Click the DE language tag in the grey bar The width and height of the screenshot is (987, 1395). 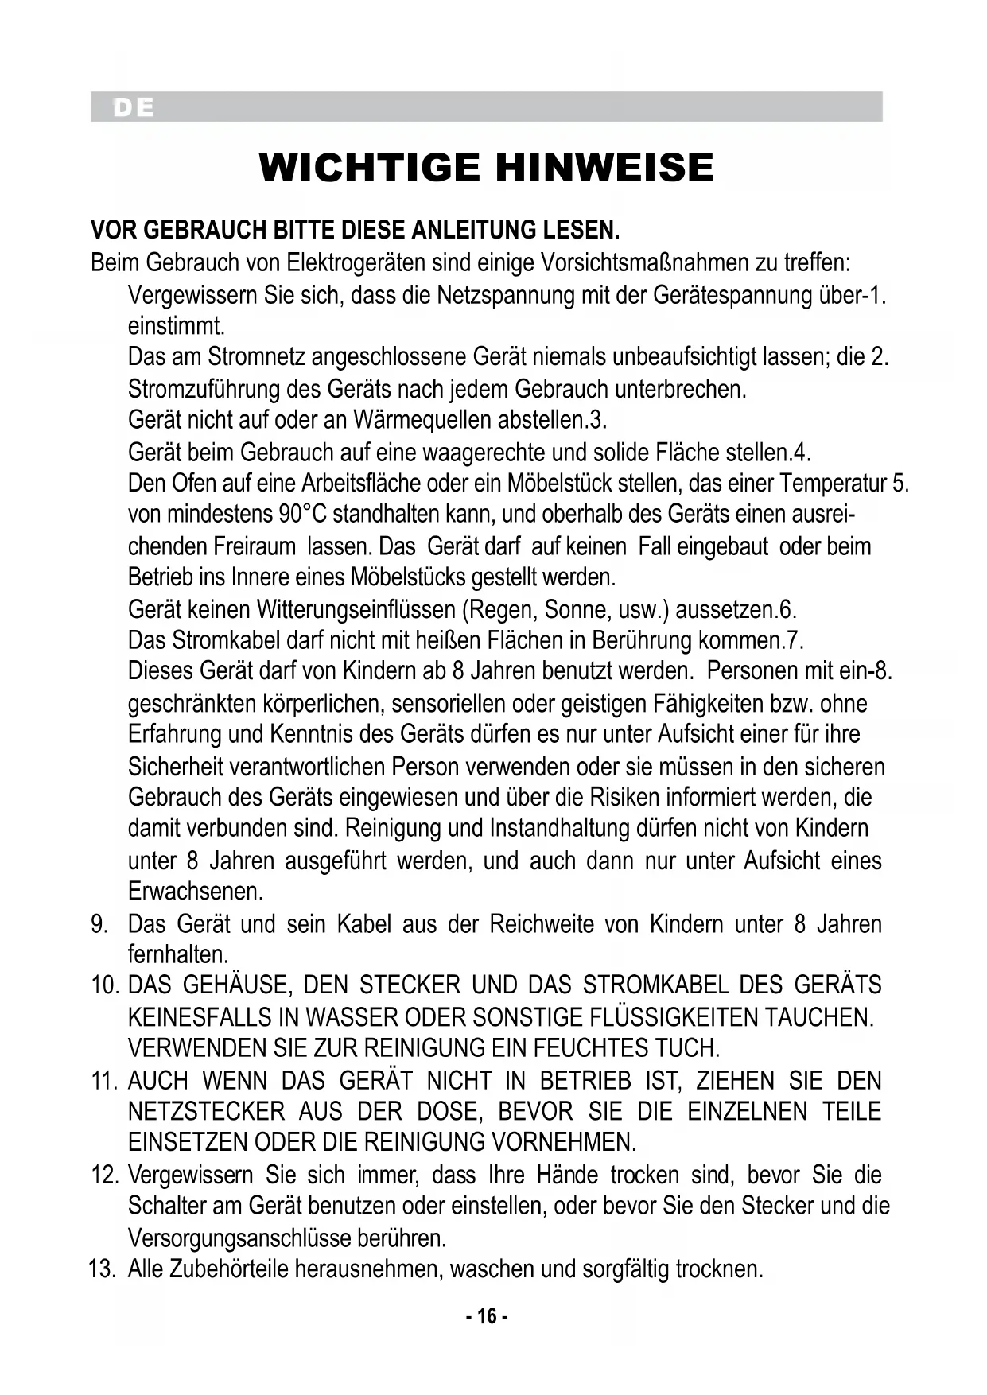click(134, 107)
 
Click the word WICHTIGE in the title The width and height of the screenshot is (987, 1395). click(370, 168)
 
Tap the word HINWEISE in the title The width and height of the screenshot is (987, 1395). click(604, 168)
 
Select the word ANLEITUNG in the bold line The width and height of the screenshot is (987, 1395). click(476, 231)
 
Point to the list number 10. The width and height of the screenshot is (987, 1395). click(104, 985)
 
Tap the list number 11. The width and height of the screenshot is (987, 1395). click(104, 1081)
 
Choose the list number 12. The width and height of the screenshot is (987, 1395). click(104, 1175)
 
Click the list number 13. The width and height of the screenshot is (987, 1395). click(103, 1269)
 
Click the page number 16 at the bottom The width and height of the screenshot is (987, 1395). click(487, 1316)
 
